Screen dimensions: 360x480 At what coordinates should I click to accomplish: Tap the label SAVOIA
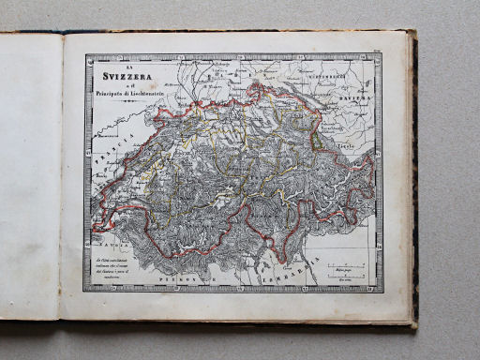[x=112, y=237]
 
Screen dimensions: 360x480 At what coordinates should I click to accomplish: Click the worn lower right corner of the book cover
[x=412, y=323]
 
